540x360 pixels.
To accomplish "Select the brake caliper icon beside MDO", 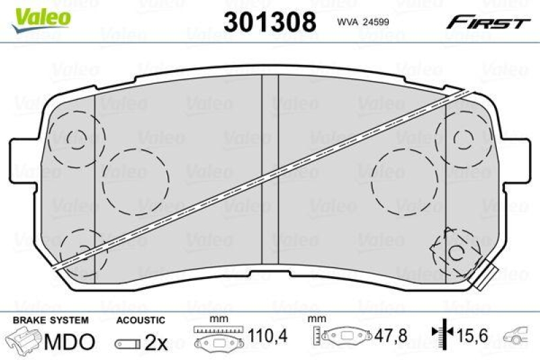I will coord(26,340).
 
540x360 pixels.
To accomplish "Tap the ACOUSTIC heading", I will coord(140,319).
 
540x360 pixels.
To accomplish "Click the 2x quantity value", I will coord(156,342).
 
